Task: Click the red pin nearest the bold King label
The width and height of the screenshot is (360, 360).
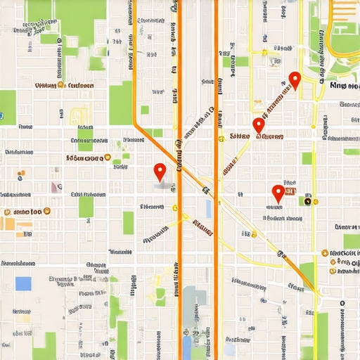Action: [x=295, y=80]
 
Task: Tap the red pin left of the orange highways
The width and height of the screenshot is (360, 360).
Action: [x=160, y=171]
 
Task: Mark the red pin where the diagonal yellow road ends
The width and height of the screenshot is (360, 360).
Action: [x=258, y=126]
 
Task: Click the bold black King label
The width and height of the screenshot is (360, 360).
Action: [x=343, y=86]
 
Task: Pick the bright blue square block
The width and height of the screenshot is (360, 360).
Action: [x=24, y=283]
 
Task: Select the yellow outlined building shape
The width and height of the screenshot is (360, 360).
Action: [x=79, y=115]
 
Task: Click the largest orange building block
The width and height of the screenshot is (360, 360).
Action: [x=7, y=224]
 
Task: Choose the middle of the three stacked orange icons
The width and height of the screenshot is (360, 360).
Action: [x=332, y=262]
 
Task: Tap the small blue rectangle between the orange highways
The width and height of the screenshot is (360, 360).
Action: [x=208, y=208]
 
